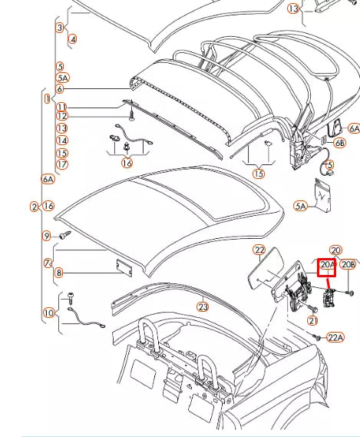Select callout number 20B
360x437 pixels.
[x=348, y=265]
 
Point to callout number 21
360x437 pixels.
[x=312, y=320]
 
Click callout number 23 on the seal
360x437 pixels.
[x=203, y=307]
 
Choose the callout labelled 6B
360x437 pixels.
[x=339, y=143]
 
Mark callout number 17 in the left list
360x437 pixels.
[x=61, y=164]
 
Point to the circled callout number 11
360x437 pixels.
[x=61, y=107]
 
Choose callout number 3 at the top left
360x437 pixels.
[x=59, y=28]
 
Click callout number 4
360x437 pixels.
[x=72, y=38]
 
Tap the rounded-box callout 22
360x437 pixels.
[x=259, y=250]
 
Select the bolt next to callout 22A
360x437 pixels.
[x=317, y=336]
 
